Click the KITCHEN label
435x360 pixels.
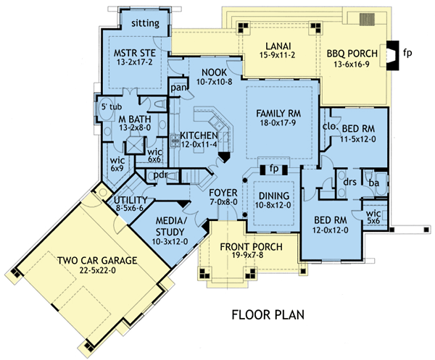[x=199, y=135]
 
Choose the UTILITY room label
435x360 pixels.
[x=131, y=200]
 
